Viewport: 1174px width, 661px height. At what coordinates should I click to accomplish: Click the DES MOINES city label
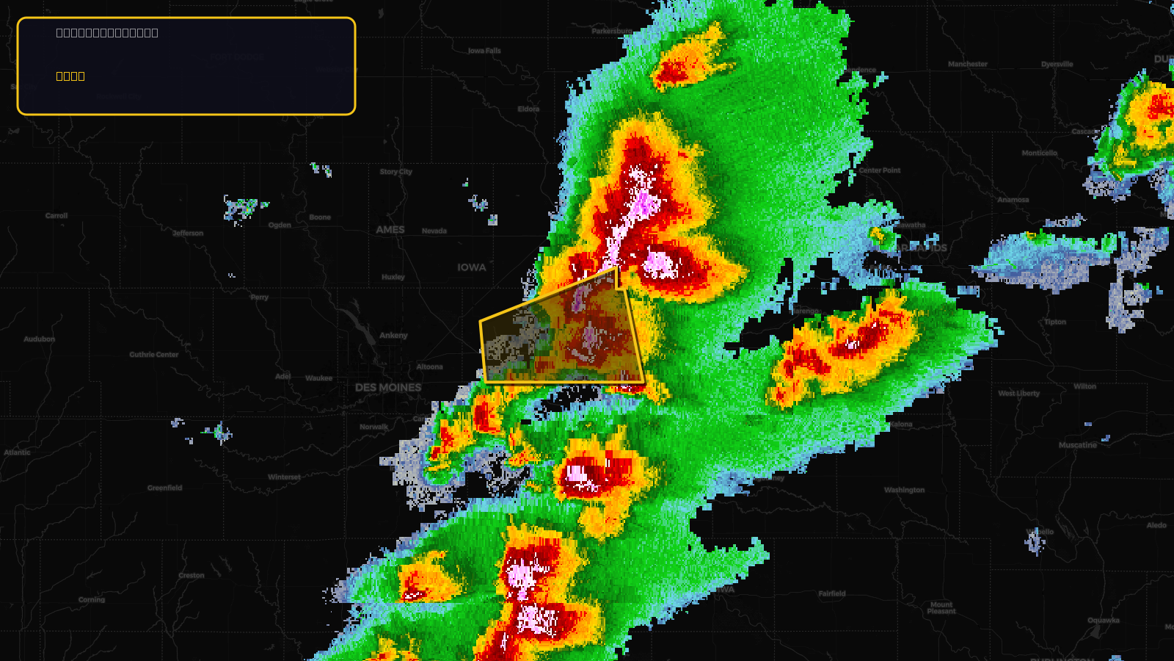tap(388, 387)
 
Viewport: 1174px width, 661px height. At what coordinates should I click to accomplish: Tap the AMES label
tap(390, 230)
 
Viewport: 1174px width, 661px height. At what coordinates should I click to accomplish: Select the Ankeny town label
tap(393, 336)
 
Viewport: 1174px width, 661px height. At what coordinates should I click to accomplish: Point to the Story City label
tap(396, 172)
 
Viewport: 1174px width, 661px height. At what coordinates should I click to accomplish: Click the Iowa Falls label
tap(484, 51)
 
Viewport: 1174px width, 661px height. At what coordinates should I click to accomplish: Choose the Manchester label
tap(968, 64)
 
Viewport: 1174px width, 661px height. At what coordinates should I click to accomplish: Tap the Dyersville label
tap(1057, 64)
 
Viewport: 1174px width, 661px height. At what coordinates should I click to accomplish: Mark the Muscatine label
tap(1077, 445)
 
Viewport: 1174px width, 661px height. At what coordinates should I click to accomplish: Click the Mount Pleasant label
tap(941, 608)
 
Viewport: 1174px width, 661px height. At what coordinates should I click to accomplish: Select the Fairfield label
tap(832, 593)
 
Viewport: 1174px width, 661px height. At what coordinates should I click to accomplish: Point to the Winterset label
tap(284, 477)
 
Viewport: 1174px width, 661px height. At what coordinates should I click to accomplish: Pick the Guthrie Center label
tap(154, 355)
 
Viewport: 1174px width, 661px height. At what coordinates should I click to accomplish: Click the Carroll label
tap(56, 216)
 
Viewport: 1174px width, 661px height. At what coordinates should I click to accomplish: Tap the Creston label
tap(192, 575)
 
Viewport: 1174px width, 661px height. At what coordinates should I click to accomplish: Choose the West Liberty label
tap(1019, 393)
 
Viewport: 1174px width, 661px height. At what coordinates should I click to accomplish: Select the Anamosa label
tap(1013, 200)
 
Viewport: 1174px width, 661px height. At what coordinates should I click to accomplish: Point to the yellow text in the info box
tap(70, 76)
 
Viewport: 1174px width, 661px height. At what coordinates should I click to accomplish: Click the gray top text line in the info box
tap(107, 32)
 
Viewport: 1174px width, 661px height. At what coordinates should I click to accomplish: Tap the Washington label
tap(904, 490)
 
